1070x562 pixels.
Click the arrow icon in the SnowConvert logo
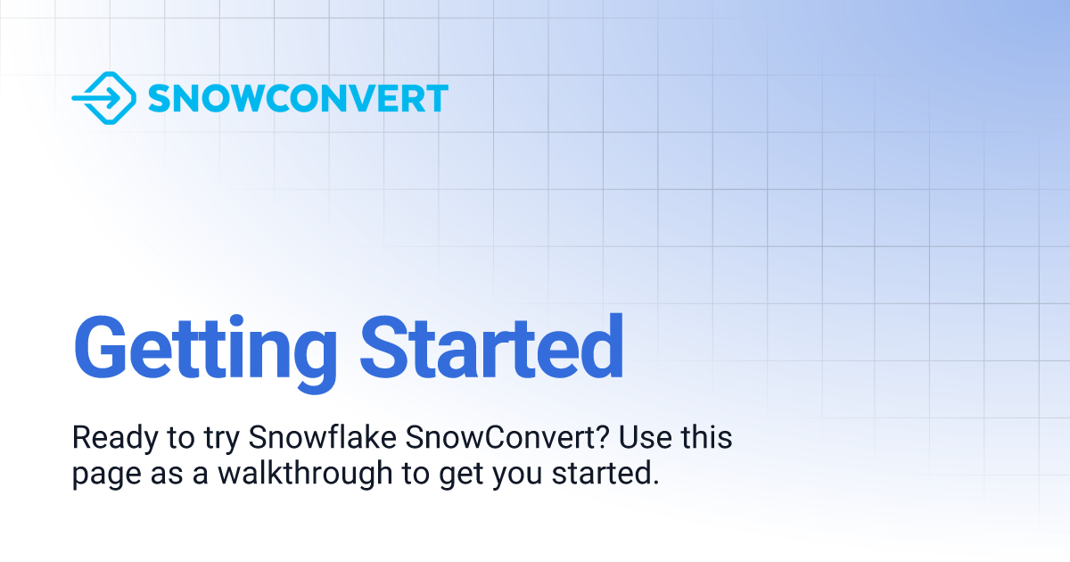coord(103,98)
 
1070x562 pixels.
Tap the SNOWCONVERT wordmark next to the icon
coord(298,98)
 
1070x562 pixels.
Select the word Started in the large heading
coord(491,346)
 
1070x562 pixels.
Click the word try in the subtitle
coord(217,440)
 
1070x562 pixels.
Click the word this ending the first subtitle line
coord(706,438)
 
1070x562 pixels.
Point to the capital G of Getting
coord(102,346)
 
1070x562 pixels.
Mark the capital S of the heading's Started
coord(382,346)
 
